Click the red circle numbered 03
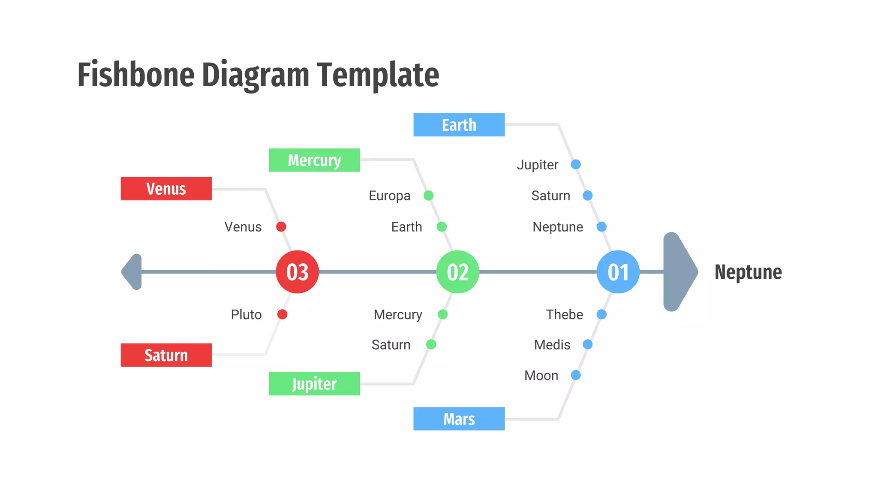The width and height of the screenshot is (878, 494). click(297, 272)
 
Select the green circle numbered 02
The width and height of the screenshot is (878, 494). click(457, 272)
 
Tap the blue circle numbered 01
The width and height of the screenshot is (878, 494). click(618, 272)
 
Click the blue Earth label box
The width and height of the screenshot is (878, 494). click(459, 125)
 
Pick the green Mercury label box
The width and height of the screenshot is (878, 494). click(314, 160)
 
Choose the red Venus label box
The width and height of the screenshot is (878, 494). click(166, 189)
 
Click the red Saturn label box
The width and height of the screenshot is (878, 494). click(166, 355)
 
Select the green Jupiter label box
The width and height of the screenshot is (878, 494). click(314, 384)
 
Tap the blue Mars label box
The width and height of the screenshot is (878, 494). click(459, 419)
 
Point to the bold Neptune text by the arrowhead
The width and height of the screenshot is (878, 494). click(748, 272)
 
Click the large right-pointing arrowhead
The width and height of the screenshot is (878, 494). click(678, 272)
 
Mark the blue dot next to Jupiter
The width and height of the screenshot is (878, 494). click(576, 164)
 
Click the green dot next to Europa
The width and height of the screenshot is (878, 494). click(428, 196)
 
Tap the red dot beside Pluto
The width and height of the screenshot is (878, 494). click(282, 314)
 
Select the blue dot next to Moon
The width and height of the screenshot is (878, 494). click(576, 375)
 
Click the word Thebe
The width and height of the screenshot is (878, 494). click(564, 314)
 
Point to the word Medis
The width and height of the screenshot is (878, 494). click(552, 344)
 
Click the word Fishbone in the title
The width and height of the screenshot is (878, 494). click(136, 75)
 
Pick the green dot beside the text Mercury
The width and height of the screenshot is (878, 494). click(443, 314)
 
